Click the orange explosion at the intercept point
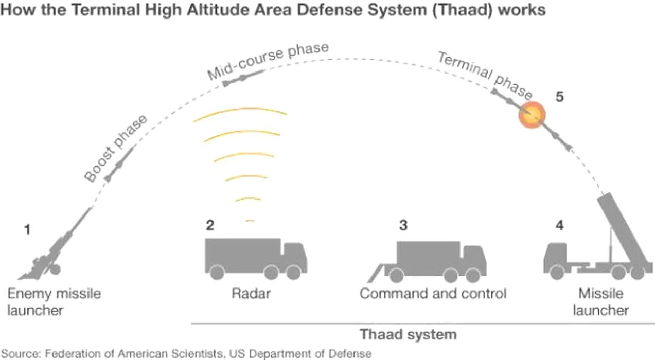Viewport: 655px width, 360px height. tap(532, 115)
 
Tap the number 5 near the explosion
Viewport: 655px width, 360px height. tap(559, 97)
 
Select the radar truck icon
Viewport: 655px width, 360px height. tap(256, 259)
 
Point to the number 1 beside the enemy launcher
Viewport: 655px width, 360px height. tap(27, 230)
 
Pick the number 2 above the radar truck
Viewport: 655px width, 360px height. tap(210, 225)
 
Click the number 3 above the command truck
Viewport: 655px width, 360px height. tap(403, 225)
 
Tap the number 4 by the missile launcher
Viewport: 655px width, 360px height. tap(559, 225)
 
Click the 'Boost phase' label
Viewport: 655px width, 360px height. tap(115, 148)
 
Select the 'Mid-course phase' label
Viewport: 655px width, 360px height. tap(268, 61)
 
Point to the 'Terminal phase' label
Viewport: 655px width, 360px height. tap(485, 75)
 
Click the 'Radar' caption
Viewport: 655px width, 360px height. tap(251, 294)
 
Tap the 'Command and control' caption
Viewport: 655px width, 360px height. tap(433, 294)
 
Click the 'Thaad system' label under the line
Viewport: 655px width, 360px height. tap(408, 335)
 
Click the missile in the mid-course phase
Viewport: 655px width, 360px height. tap(243, 78)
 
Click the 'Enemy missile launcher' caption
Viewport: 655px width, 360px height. tap(54, 302)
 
